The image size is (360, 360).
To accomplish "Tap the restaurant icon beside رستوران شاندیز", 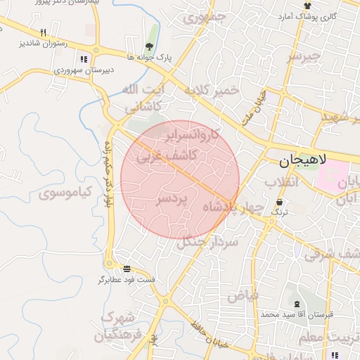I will click(x=43, y=32).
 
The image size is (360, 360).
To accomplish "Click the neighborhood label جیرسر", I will click(x=304, y=56).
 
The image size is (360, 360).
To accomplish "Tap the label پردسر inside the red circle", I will click(x=172, y=200).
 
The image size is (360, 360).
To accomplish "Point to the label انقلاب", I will click(x=282, y=182).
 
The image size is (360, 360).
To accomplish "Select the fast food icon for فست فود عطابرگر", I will click(x=127, y=269).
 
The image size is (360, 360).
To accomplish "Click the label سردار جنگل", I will click(x=208, y=242).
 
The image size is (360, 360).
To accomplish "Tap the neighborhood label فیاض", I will click(x=242, y=296).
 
